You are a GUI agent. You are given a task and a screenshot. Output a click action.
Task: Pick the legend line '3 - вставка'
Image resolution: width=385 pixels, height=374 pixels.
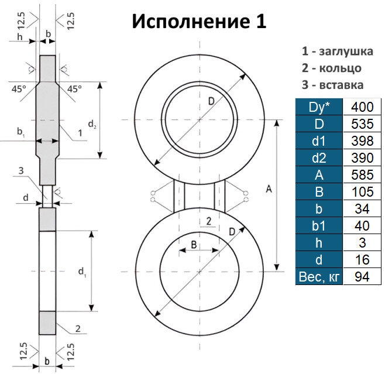332,85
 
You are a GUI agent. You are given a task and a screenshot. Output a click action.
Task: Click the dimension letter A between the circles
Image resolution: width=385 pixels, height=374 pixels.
269,189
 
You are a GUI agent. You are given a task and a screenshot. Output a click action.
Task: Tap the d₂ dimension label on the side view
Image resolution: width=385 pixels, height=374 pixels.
92,124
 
